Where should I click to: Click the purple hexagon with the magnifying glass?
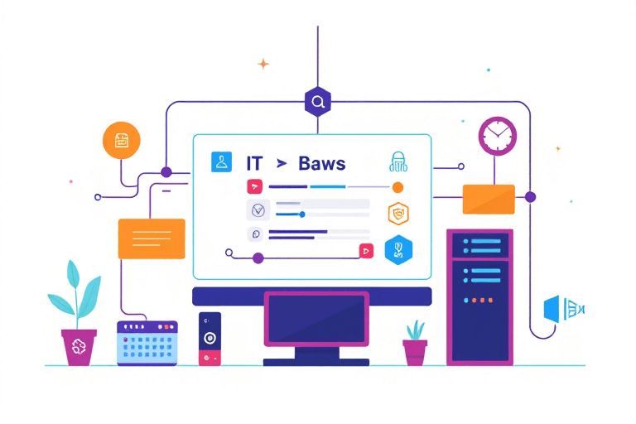318,101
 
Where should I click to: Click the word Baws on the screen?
321,163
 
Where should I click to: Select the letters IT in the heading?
254,163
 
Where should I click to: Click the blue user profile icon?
221,161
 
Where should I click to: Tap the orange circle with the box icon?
121,141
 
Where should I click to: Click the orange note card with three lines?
152,238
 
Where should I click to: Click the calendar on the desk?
147,343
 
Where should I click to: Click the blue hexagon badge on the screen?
398,250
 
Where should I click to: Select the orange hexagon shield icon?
398,214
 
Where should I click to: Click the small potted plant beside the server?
415,343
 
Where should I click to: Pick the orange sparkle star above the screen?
263,64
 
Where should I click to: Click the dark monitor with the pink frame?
316,319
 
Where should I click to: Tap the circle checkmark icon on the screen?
258,210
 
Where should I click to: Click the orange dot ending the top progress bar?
397,187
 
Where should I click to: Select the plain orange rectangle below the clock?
489,200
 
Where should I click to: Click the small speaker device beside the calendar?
210,339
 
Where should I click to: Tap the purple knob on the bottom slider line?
258,258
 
